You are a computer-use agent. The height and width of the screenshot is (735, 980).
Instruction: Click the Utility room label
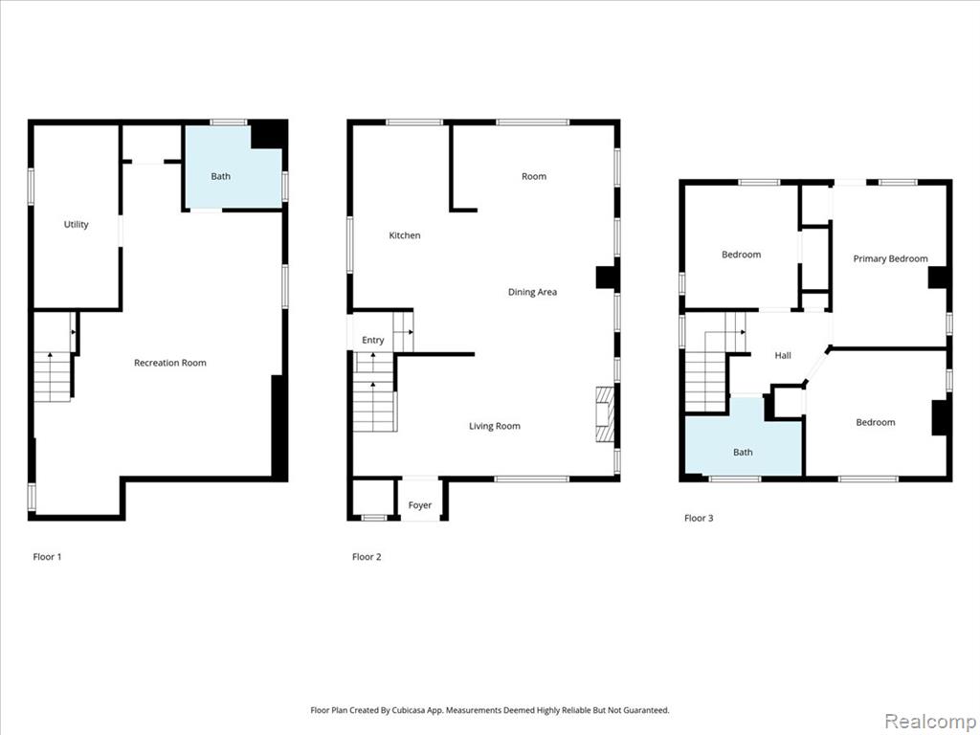(77, 224)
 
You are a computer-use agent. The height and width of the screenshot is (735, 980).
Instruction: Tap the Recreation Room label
(170, 363)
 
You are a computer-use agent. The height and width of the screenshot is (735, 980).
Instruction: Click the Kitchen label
(405, 235)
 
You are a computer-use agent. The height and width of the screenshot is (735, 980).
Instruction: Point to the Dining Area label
(532, 292)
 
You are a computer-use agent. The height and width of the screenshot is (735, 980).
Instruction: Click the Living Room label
(495, 426)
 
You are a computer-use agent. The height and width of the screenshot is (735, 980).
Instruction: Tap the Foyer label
(420, 505)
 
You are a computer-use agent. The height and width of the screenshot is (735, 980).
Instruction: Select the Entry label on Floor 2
(373, 340)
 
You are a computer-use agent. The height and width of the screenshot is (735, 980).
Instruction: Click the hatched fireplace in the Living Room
(605, 414)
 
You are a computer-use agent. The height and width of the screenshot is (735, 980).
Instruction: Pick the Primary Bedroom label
(891, 258)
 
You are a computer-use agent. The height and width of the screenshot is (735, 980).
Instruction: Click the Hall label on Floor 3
(783, 356)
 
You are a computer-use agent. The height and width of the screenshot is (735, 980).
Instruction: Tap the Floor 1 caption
(48, 557)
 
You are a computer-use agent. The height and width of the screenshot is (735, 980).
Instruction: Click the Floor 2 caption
(367, 557)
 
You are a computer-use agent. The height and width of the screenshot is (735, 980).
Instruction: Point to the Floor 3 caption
(699, 518)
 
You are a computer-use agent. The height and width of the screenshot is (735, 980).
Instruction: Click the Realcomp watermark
(929, 721)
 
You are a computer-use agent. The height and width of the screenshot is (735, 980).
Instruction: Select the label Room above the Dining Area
(534, 176)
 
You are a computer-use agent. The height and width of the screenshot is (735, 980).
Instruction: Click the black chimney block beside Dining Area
(606, 278)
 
